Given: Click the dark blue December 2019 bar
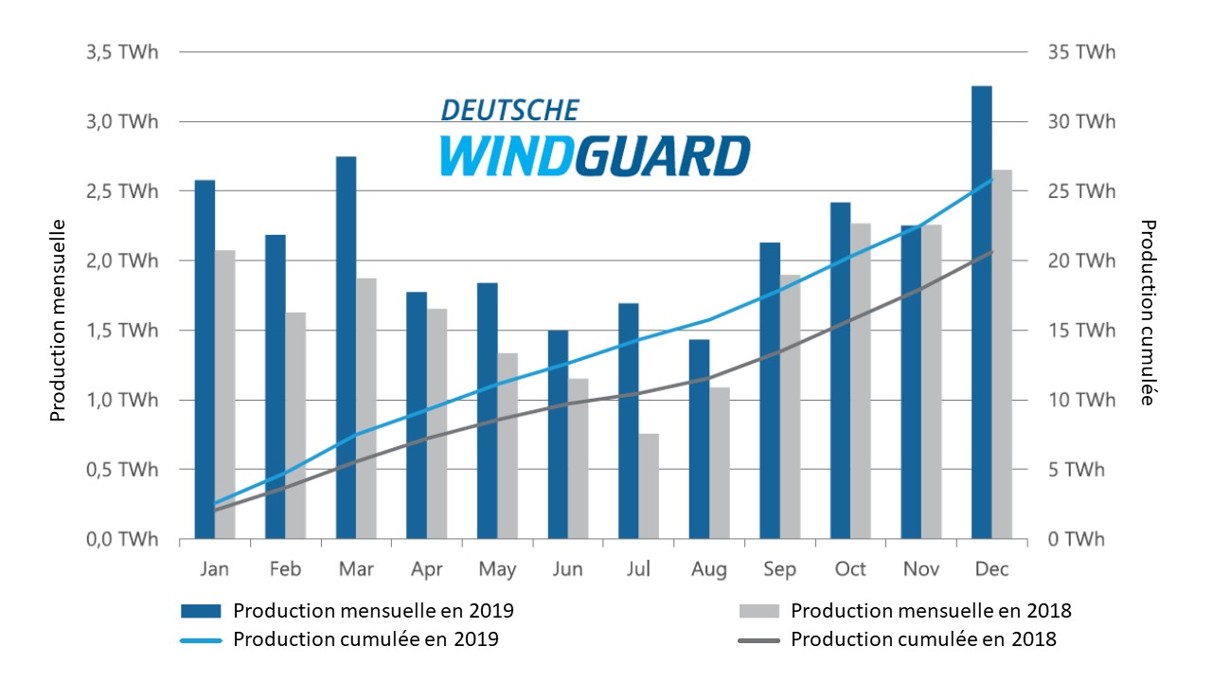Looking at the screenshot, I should [982, 313].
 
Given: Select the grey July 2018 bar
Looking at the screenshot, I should [649, 487].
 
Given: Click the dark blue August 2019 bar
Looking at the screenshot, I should [699, 440].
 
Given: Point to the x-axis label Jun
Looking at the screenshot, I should [567, 569].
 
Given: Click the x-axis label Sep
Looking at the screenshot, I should [779, 569].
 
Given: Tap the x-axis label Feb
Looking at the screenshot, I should [285, 569].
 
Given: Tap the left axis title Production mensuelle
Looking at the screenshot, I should [58, 320].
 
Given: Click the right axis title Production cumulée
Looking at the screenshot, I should [1149, 313].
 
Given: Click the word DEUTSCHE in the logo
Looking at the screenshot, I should [509, 110].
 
